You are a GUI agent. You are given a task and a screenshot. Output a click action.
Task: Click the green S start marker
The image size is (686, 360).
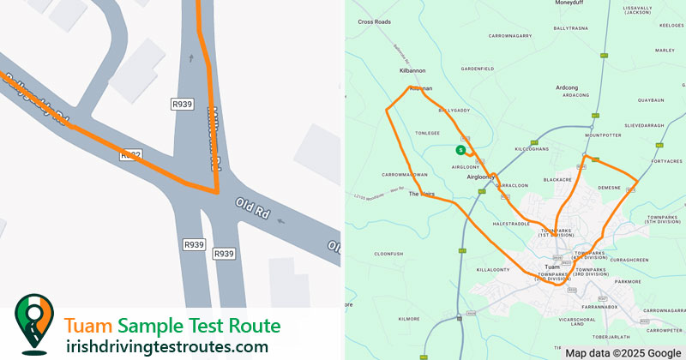click(x=460, y=150)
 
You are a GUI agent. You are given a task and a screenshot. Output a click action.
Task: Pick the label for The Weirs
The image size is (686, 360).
click(x=422, y=195)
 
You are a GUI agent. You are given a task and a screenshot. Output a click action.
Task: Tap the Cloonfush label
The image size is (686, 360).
click(x=388, y=254)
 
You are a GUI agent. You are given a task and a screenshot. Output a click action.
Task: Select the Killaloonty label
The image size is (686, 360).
click(x=493, y=269)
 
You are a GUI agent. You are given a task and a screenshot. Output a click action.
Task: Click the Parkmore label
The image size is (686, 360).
click(x=628, y=280)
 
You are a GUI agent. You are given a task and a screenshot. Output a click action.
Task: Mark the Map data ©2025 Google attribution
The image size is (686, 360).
click(x=623, y=352)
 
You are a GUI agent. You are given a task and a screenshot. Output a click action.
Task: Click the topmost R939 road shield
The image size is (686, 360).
click(x=181, y=104)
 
